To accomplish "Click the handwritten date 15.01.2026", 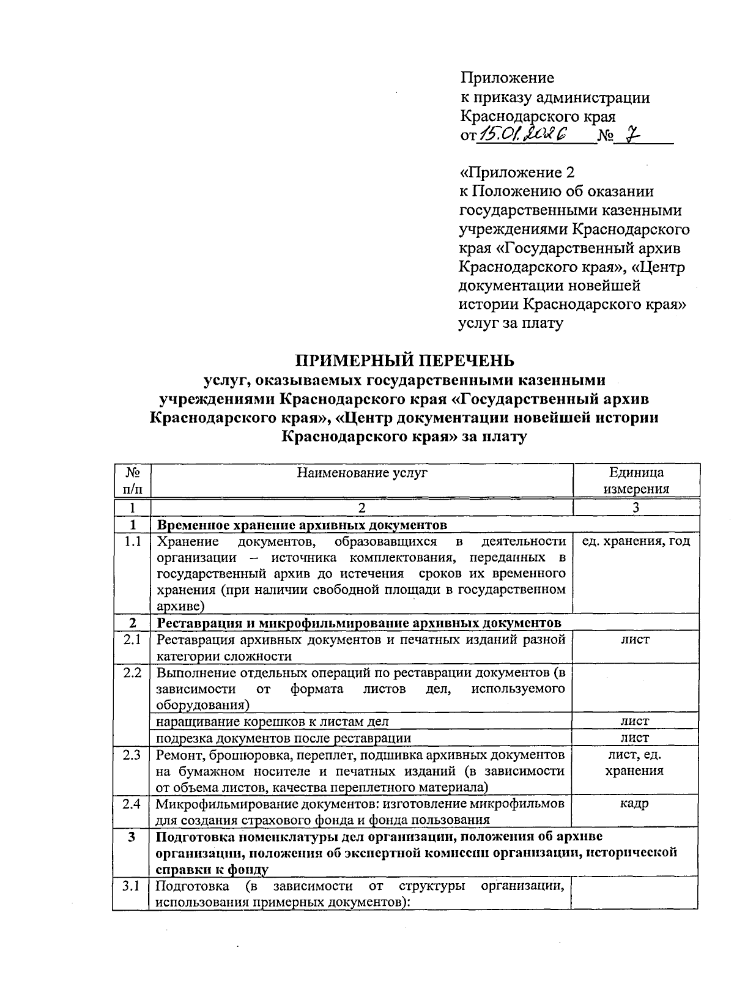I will click(x=524, y=134).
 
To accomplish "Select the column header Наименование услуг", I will click(x=362, y=472).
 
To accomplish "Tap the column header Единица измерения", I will click(x=636, y=480).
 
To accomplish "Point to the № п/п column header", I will click(x=132, y=480).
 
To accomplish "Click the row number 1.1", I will click(x=132, y=541).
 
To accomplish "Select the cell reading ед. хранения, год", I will click(x=636, y=541).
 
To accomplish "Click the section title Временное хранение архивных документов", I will click(x=302, y=525).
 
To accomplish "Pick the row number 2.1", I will click(x=132, y=640).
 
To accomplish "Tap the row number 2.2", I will click(x=132, y=673).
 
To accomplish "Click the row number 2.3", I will click(x=132, y=755).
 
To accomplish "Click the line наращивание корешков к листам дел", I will click(x=272, y=722).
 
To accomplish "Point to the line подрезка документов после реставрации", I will click(x=284, y=738).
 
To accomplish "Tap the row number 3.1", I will click(x=132, y=886).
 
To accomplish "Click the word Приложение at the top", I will click(x=507, y=78).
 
